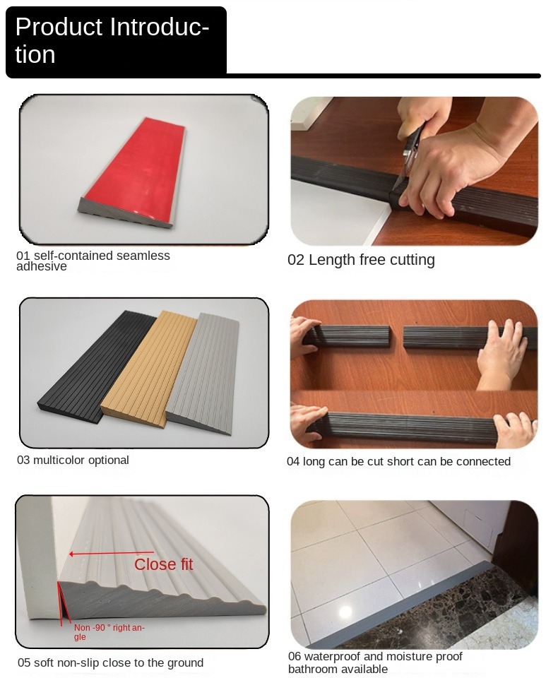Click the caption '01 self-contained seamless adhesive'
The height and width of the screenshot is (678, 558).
pos(93,261)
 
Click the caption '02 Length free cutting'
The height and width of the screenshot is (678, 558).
pos(361,260)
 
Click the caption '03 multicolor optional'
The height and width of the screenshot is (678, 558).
pos(73,460)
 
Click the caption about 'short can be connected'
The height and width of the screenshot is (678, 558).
pos(398,462)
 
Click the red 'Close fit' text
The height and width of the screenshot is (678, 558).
pos(163,564)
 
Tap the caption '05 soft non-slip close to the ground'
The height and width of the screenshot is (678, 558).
pos(110,663)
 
